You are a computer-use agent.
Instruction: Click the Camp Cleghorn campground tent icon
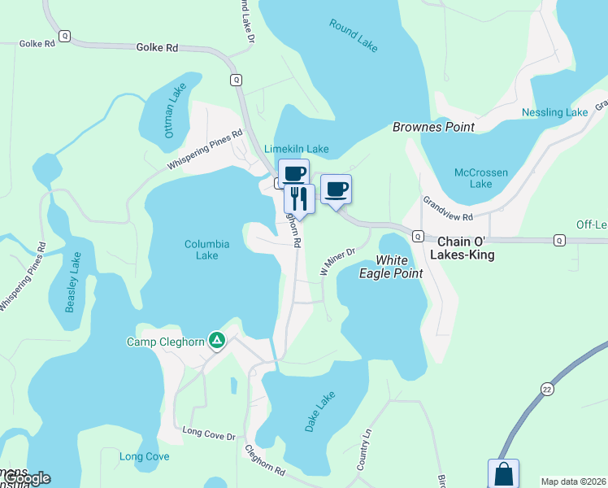pyautogui.click(x=216, y=340)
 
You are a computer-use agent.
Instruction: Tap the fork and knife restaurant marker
pyautogui.click(x=299, y=198)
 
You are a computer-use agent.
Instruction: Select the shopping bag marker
pyautogui.click(x=503, y=474)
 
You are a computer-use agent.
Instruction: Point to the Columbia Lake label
pyautogui.click(x=206, y=249)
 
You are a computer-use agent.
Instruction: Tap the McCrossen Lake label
pyautogui.click(x=481, y=178)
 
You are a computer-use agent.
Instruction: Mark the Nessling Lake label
pyautogui.click(x=555, y=112)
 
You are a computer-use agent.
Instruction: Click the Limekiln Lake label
pyautogui.click(x=297, y=149)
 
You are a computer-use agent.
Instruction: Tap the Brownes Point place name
pyautogui.click(x=433, y=128)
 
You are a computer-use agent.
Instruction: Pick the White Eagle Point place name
pyautogui.click(x=392, y=267)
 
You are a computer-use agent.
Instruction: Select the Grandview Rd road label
pyautogui.click(x=447, y=208)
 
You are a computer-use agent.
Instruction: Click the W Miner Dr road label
pyautogui.click(x=337, y=262)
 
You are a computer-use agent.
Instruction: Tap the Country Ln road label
pyautogui.click(x=363, y=449)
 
